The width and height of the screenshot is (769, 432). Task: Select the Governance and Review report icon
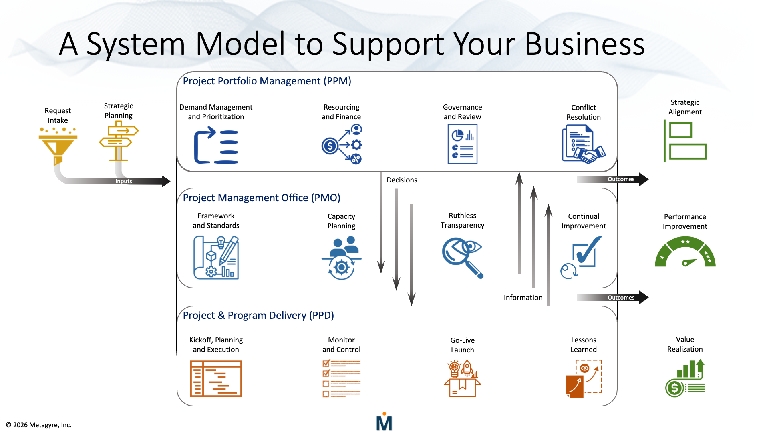[462, 144]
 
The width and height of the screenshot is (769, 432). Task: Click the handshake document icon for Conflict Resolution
[583, 144]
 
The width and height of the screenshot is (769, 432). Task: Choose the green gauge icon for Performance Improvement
[685, 252]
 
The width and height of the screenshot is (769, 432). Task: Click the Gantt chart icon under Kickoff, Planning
[216, 378]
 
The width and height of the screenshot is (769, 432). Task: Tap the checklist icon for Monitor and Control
[341, 378]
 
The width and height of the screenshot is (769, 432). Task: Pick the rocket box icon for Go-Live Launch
[462, 378]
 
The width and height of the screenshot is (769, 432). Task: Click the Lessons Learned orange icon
[584, 378]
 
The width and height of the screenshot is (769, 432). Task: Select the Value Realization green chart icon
[685, 378]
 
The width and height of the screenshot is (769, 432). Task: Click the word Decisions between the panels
[402, 180]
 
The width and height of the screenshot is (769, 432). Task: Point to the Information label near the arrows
[523, 298]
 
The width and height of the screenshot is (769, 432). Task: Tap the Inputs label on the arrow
[123, 181]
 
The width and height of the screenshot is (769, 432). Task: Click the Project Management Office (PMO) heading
[262, 198]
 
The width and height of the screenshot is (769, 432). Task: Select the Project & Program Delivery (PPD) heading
[258, 315]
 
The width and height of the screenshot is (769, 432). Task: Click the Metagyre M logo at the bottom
[384, 422]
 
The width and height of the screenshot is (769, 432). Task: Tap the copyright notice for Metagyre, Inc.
[38, 425]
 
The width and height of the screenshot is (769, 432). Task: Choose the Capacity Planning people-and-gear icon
[341, 258]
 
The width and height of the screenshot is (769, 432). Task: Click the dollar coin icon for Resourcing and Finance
[330, 146]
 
